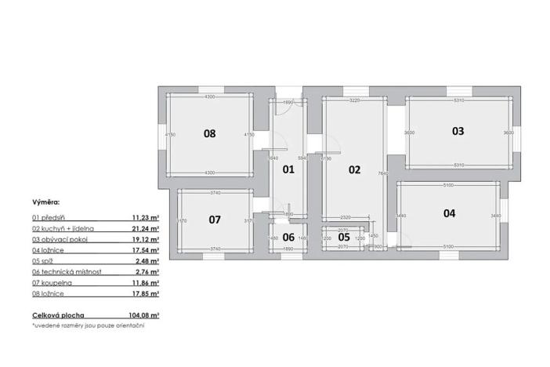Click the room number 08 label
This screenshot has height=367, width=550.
click(209, 133)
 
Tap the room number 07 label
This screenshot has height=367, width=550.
click(215, 220)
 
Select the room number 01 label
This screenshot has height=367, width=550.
click(288, 169)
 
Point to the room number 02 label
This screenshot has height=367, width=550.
click(354, 169)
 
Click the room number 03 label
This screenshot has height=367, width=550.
click(458, 132)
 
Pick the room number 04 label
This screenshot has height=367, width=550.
click(449, 213)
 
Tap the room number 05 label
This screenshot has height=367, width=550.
click(344, 236)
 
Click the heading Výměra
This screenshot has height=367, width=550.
click(45, 202)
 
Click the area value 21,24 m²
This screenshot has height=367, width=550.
click(146, 227)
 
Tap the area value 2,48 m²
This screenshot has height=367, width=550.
click(147, 260)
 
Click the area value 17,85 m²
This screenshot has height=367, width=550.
click(146, 293)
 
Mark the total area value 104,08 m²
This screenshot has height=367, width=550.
click(144, 314)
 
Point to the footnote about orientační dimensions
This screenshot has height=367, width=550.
click(88, 325)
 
